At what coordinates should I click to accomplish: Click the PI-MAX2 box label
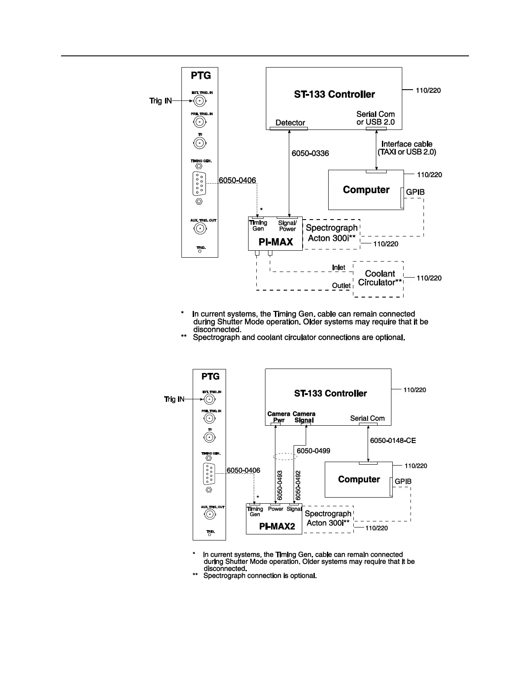[x=277, y=527]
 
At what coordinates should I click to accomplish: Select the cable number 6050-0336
[x=310, y=153]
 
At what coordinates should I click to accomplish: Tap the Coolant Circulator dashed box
[x=378, y=278]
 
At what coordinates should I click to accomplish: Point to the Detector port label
[x=290, y=123]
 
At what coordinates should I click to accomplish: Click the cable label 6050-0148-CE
[x=393, y=440]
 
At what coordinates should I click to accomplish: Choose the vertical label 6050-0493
[x=280, y=485]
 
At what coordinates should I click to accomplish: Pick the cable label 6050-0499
[x=313, y=451]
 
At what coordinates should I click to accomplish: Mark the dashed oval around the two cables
[x=284, y=456]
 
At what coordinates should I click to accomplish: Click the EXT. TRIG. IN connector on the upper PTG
[x=199, y=101]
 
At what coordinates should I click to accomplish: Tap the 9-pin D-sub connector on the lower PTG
[x=209, y=473]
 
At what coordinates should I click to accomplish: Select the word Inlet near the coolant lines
[x=339, y=268]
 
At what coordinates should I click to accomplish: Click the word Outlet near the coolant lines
[x=341, y=286]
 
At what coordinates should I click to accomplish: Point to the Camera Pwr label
[x=278, y=417]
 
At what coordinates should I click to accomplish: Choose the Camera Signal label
[x=304, y=417]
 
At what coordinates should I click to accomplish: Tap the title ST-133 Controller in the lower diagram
[x=330, y=393]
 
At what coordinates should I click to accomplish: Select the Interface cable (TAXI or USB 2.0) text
[x=407, y=148]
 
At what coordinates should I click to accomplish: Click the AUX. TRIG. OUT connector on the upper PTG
[x=199, y=229]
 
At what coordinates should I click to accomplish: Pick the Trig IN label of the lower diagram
[x=174, y=399]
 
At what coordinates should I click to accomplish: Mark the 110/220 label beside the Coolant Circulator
[x=429, y=278]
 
